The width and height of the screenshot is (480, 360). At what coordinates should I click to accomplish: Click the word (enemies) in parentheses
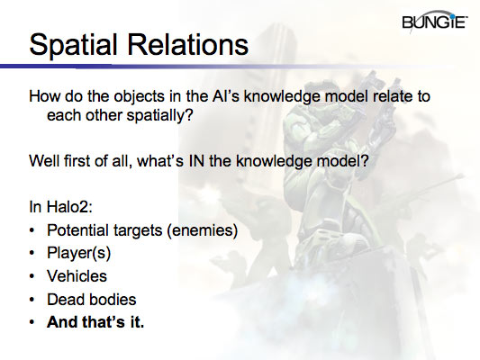coord(203,230)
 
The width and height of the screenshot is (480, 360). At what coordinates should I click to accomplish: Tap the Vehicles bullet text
coord(78,276)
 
